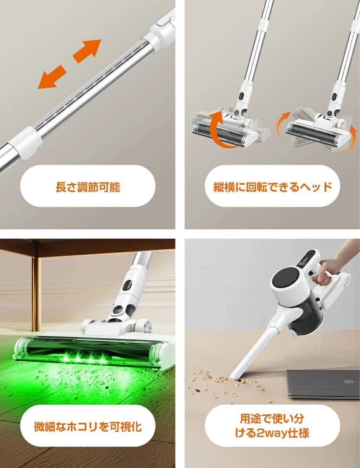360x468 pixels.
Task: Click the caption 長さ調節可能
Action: tap(88, 187)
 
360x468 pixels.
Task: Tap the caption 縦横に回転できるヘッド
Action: tap(272, 187)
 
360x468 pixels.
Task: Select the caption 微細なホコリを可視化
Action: tap(88, 426)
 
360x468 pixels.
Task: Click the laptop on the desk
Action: tap(322, 383)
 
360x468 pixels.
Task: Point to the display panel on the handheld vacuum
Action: tap(307, 259)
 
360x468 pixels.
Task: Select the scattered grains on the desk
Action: tap(225, 381)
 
